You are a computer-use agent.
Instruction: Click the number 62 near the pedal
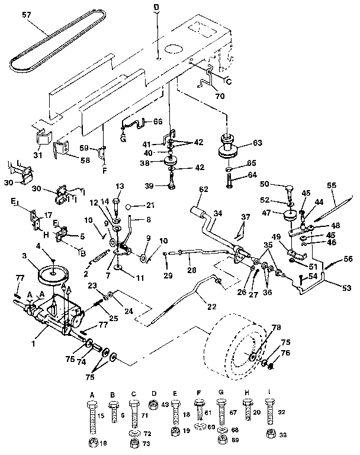[204, 190]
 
